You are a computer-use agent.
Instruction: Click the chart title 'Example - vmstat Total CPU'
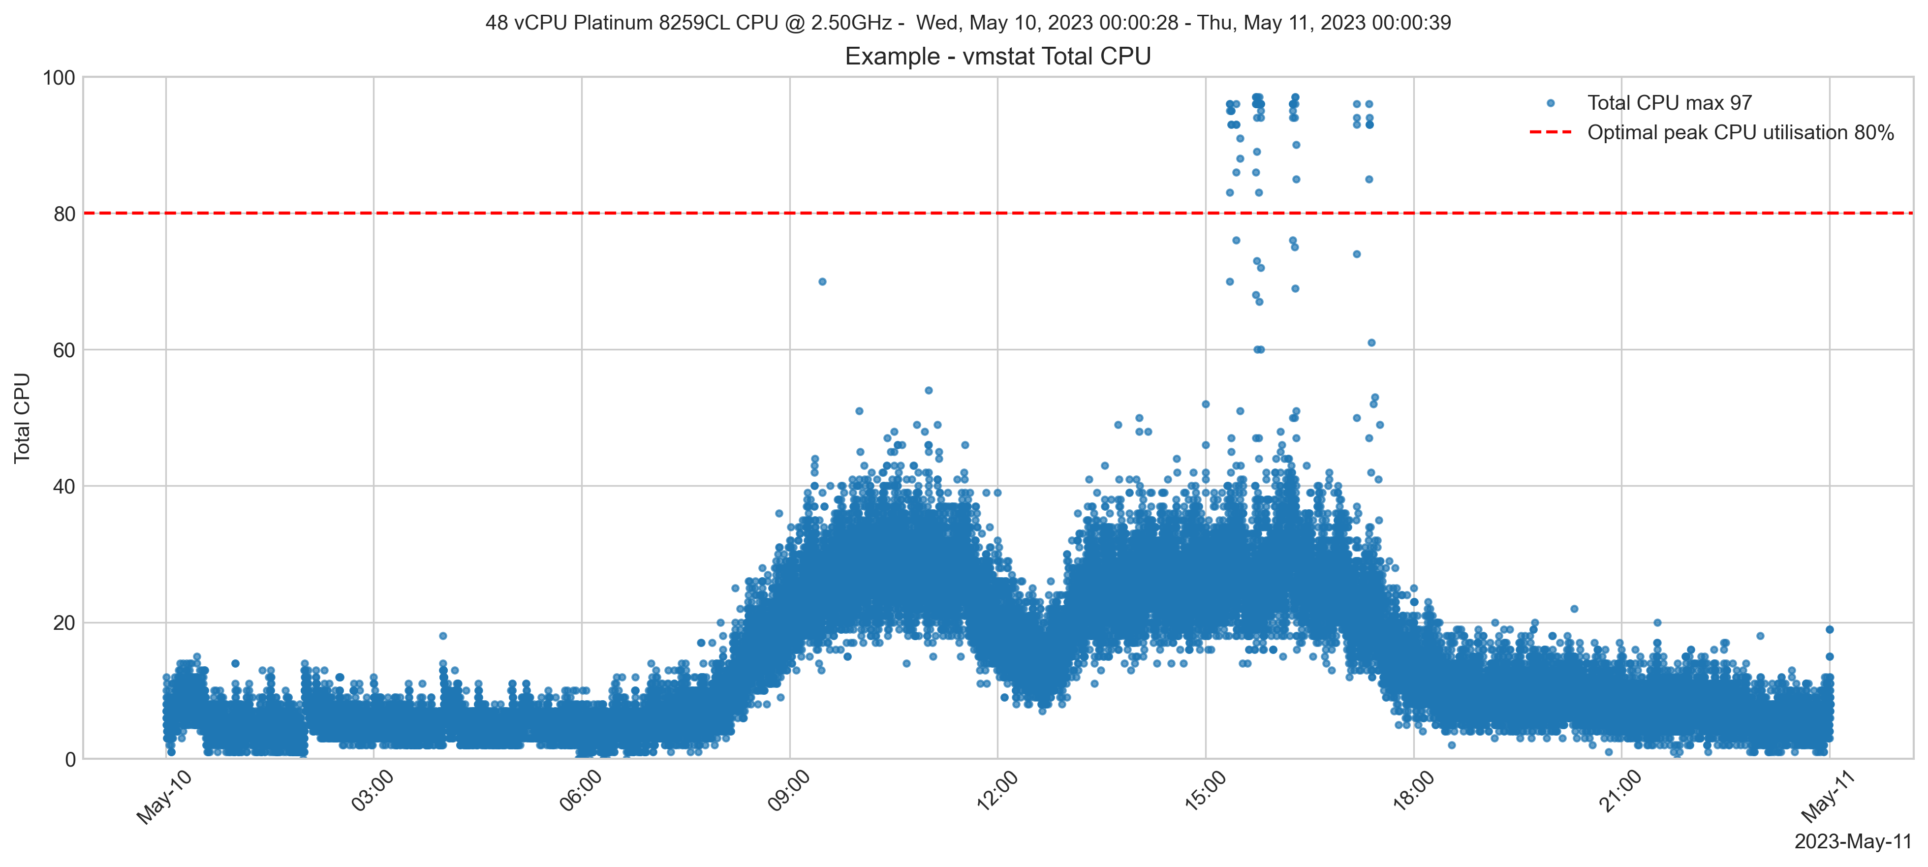point(997,56)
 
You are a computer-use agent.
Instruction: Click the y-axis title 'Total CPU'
point(23,417)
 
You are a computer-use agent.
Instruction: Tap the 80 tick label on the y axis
point(64,214)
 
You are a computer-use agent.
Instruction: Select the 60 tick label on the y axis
point(64,350)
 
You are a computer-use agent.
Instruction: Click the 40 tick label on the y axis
point(64,487)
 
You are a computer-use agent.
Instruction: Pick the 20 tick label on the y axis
point(64,623)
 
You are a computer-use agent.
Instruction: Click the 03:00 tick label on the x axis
point(373,791)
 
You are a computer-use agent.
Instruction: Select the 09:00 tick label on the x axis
point(789,791)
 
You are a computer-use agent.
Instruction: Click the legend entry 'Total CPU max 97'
point(1669,102)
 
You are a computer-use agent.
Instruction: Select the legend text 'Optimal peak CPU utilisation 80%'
point(1740,132)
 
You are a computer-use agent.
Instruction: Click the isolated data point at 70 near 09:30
point(822,281)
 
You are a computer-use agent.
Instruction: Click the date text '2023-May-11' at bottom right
point(1852,841)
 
